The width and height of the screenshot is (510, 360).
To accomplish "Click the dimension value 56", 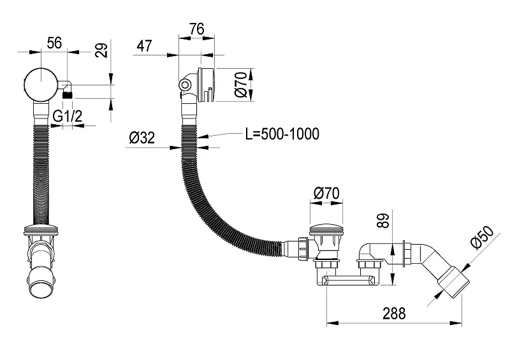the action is (x=54, y=43).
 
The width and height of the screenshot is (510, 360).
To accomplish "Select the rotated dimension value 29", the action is (x=101, y=50).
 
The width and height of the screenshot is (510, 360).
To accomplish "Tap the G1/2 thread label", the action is (x=68, y=116).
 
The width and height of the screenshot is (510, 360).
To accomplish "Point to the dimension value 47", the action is (x=144, y=46).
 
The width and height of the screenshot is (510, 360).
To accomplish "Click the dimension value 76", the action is (x=197, y=29).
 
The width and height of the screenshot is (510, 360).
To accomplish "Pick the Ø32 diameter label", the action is (x=142, y=138).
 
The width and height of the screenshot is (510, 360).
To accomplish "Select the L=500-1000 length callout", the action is (x=282, y=134).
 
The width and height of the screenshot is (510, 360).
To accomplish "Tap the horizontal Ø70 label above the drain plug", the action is (x=326, y=193).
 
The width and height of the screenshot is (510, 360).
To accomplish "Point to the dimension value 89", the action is (x=384, y=221).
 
